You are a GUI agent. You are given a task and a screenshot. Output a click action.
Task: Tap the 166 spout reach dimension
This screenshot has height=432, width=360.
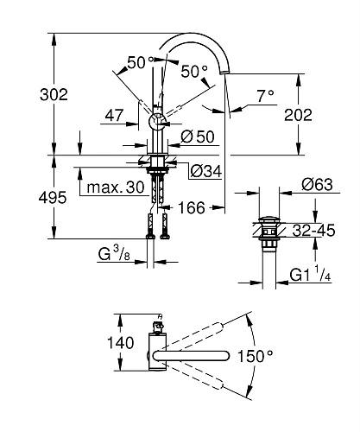[x=195, y=207]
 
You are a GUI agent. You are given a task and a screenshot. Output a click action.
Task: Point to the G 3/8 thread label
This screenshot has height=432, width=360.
[x=117, y=253]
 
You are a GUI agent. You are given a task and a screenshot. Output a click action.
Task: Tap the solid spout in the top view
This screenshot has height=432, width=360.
[x=203, y=355]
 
